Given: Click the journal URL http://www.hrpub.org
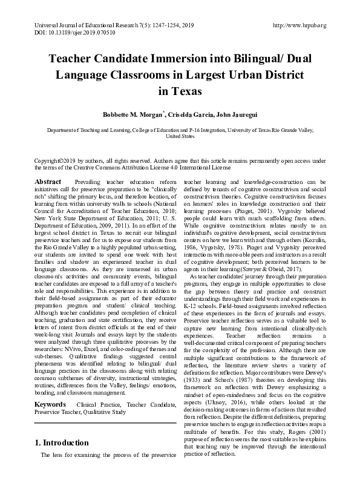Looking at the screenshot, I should point(300,25).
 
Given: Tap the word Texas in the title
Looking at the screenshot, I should point(180,91).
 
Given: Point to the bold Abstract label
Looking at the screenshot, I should point(48,182).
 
